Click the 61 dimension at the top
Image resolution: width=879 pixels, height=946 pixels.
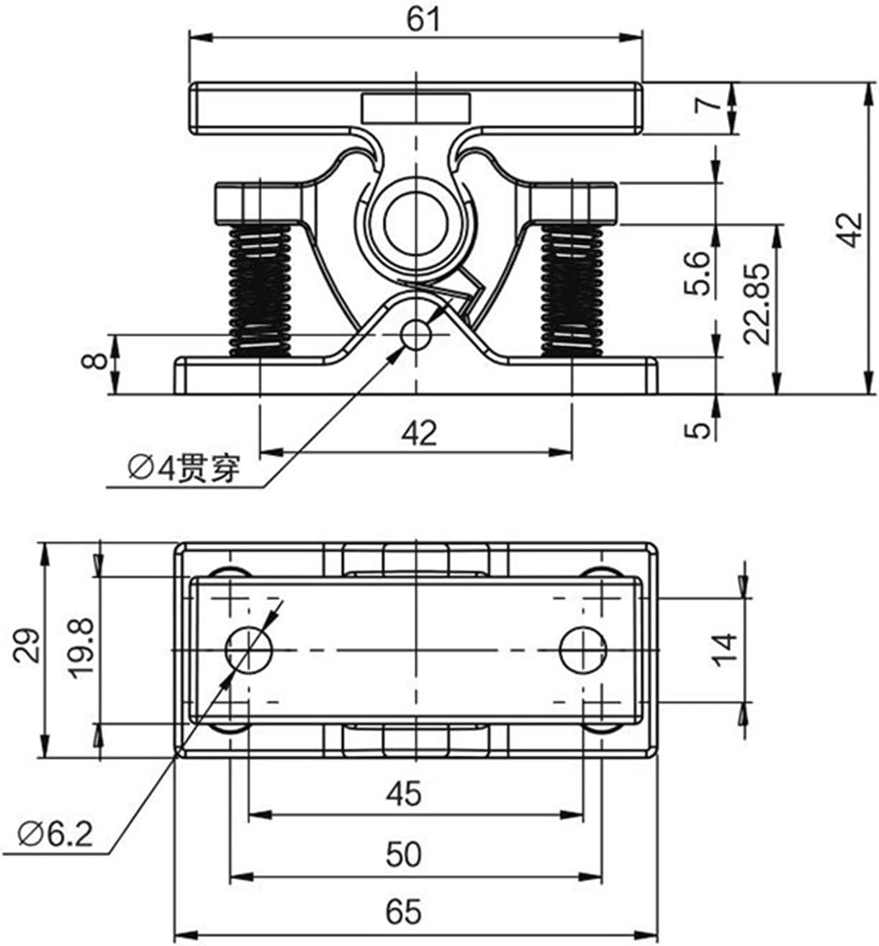click(x=423, y=19)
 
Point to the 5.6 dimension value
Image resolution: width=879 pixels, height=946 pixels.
click(x=699, y=273)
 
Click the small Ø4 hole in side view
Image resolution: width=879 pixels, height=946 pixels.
click(x=415, y=334)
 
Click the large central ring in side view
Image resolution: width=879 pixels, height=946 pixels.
click(x=415, y=219)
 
